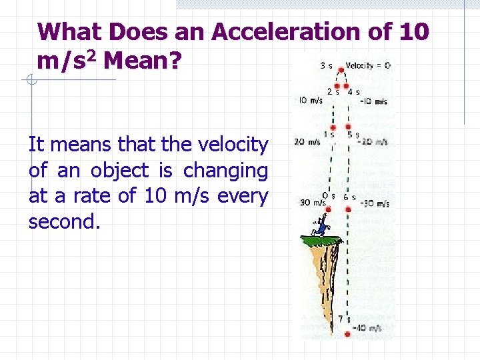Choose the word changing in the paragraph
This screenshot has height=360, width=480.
pyautogui.click(x=225, y=171)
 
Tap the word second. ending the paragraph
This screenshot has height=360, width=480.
pyautogui.click(x=64, y=222)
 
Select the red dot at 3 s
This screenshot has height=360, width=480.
pyautogui.click(x=341, y=69)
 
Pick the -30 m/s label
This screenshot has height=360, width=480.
pyautogui.click(x=375, y=204)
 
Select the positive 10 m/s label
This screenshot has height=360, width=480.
pyautogui.click(x=311, y=101)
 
